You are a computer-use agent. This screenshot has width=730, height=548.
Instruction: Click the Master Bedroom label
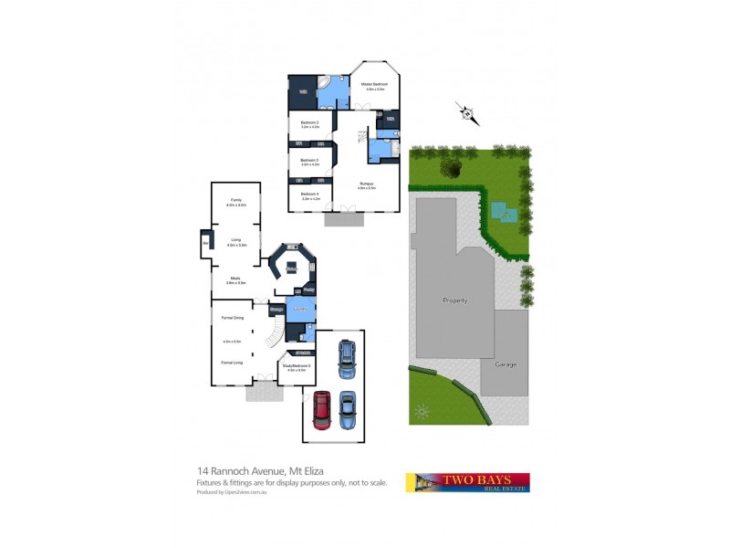coord(375,84)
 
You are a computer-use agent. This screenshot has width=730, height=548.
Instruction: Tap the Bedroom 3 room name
coord(309,161)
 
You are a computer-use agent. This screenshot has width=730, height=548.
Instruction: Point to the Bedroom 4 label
coord(309,194)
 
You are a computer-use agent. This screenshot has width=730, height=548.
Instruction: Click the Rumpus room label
coord(366,184)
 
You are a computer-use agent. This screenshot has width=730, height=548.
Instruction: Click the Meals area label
coord(235,279)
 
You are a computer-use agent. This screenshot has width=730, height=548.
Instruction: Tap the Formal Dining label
coord(232,317)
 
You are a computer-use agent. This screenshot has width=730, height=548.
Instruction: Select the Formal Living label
coord(232,363)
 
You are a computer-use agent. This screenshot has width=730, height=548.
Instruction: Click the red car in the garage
coord(322,409)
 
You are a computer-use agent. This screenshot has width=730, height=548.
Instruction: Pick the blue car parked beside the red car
coord(348,409)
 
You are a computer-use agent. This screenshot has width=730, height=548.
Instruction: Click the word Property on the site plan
coord(454,300)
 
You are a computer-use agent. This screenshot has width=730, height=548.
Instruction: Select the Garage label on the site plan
coord(505,364)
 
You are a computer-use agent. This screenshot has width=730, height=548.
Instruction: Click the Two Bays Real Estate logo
coord(467,482)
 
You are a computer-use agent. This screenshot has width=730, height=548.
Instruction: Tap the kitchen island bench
coord(291,268)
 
